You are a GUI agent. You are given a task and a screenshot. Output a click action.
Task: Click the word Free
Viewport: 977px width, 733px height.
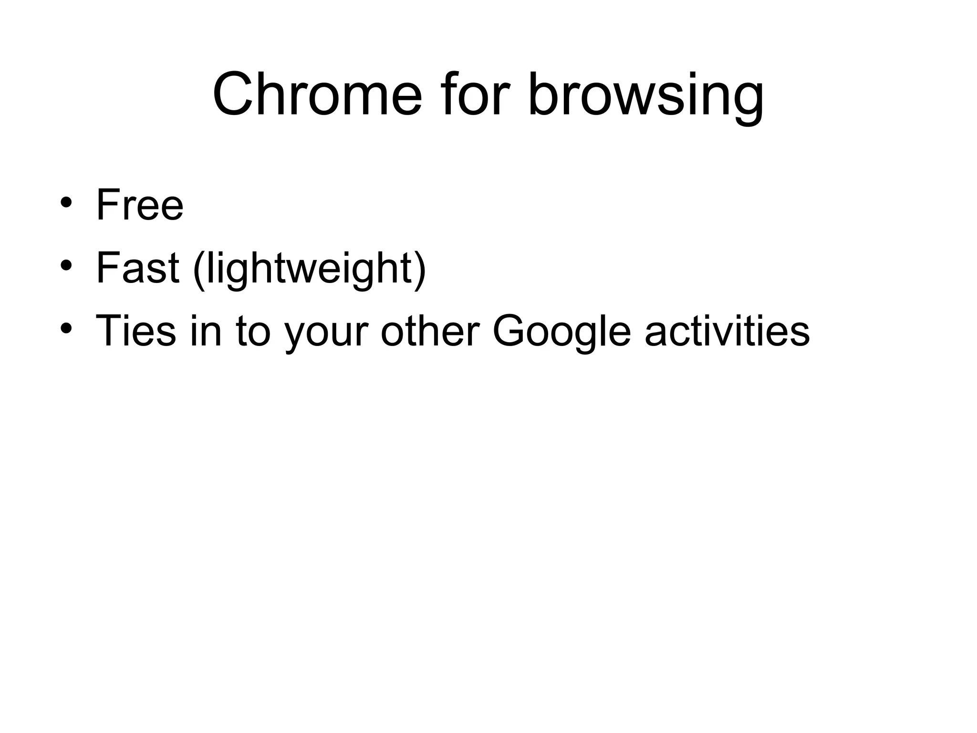[140, 205]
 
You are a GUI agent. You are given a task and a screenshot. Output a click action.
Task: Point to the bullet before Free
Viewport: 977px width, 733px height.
[66, 202]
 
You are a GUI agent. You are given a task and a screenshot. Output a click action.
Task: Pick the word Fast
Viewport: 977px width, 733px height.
[137, 268]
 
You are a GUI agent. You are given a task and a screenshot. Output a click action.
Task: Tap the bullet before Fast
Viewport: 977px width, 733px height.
[66, 265]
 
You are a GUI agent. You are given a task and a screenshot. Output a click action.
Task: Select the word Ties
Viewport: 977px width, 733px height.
[136, 330]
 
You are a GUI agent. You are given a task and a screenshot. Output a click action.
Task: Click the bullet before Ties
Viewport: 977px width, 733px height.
[66, 328]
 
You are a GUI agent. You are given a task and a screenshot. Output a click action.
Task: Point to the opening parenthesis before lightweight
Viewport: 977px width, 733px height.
[198, 270]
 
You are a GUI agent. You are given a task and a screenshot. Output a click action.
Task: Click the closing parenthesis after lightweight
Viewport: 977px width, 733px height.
[420, 270]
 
